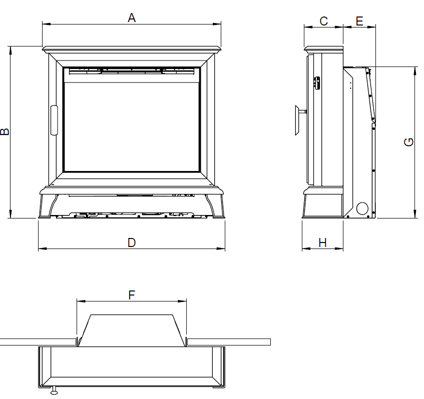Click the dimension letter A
[132, 18]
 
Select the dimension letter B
[5, 131]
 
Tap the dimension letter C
[323, 21]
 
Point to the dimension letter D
[132, 242]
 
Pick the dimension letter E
[359, 21]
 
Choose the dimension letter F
[132, 295]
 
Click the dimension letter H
[322, 242]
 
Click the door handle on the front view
[54, 120]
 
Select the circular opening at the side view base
[362, 208]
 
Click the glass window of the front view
[132, 127]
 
